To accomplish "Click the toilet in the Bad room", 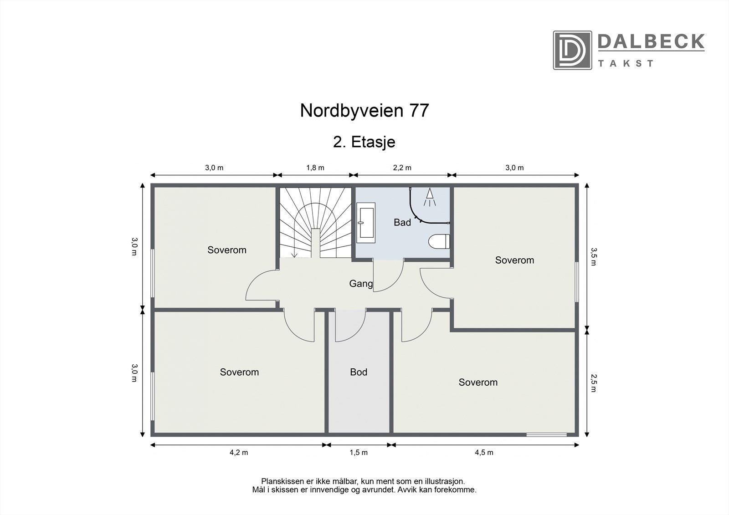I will click(439, 241).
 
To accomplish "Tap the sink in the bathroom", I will click(366, 223).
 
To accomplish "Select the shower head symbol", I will click(429, 198).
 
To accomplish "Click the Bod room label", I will click(359, 372).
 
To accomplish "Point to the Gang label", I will click(360, 284).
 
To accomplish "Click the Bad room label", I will click(402, 222).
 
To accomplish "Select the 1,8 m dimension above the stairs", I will click(315, 168).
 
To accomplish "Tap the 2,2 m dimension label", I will click(402, 168).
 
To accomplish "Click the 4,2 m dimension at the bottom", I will click(239, 452).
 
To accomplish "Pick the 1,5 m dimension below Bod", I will click(359, 452).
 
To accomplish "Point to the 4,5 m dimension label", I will click(484, 452).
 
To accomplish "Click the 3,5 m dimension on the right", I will click(593, 256).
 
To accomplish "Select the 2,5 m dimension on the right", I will click(593, 382).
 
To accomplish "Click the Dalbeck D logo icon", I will click(572, 50).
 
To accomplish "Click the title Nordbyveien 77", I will click(364, 111).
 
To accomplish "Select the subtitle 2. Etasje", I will click(364, 142).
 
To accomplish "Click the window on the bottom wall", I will click(547, 434).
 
